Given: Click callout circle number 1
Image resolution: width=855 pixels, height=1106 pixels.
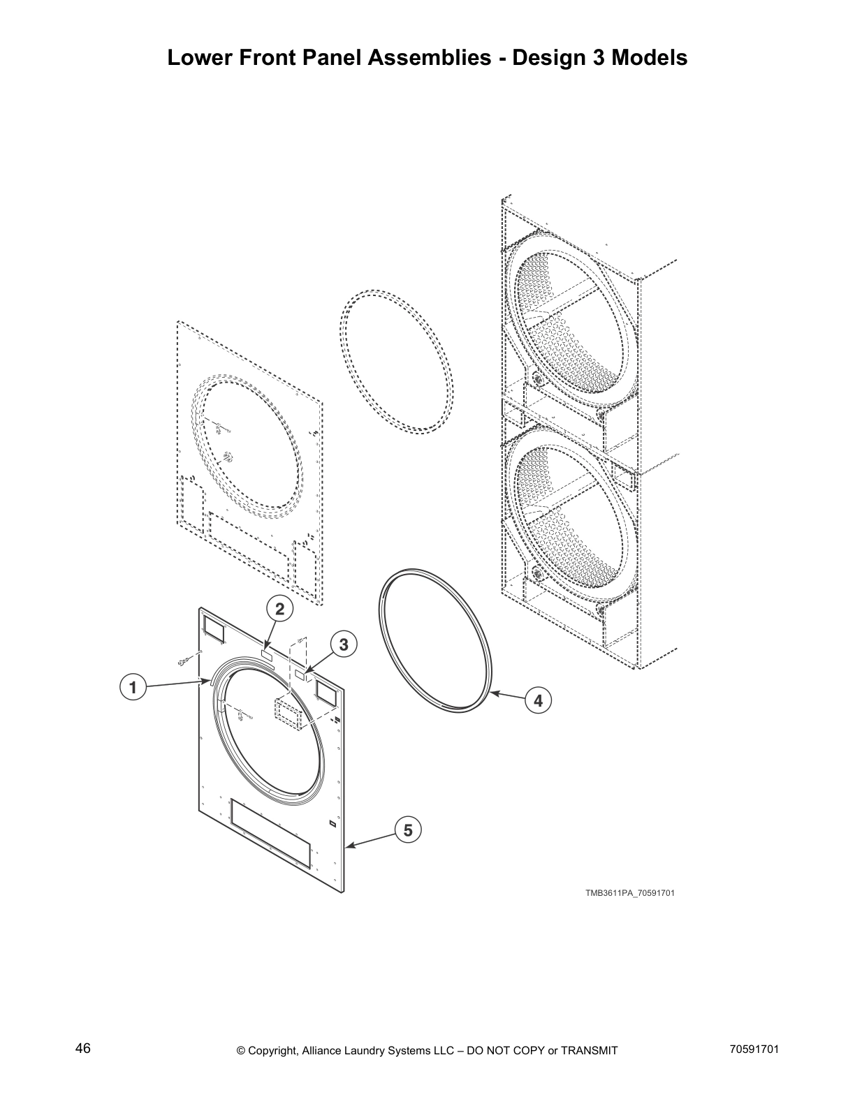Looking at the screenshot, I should coord(131,687).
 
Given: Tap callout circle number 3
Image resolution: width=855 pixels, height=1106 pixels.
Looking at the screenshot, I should coord(344,644).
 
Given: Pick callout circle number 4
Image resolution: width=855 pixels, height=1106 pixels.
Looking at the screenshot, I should coord(538,700).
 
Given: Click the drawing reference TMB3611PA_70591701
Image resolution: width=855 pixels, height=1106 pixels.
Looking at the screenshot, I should coord(629,893).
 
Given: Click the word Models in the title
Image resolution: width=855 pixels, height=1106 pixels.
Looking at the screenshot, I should coord(650,57).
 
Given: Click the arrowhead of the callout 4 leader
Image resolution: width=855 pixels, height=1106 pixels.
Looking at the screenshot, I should coord(492,693).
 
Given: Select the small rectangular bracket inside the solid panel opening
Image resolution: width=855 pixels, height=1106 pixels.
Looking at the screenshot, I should coord(286,715).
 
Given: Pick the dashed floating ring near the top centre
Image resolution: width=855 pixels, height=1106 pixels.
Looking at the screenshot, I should coord(396,362).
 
